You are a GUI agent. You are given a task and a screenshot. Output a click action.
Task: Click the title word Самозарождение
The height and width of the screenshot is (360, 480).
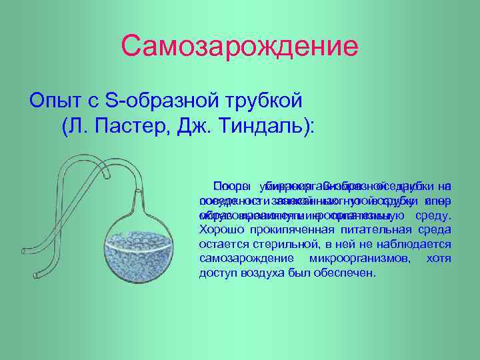click(239, 46)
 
